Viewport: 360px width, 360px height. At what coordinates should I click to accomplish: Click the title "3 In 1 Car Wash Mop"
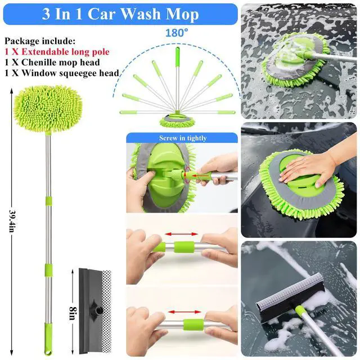[x=119, y=13]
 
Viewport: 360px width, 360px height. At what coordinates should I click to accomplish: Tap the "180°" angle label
[x=176, y=33]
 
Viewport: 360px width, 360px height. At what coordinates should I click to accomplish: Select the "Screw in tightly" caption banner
[x=182, y=138]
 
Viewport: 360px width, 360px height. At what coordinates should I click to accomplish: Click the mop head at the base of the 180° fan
[x=177, y=121]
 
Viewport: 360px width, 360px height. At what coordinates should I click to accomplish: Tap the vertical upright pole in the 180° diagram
[x=177, y=79]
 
